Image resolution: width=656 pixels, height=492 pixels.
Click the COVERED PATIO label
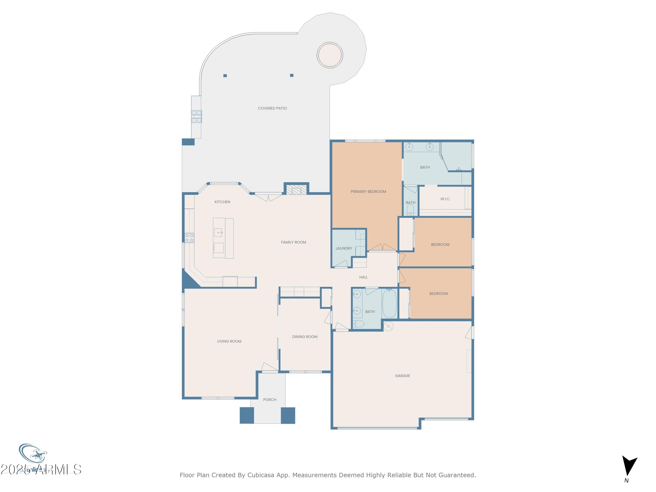click(272, 108)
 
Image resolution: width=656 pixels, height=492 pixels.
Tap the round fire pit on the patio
click(330, 55)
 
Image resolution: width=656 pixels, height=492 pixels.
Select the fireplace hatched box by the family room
click(296, 190)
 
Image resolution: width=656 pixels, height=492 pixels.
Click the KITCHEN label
click(222, 202)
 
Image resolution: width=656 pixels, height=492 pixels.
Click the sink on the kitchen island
click(218, 232)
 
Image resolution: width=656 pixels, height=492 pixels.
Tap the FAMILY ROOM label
click(293, 242)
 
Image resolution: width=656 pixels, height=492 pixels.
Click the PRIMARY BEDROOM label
click(368, 192)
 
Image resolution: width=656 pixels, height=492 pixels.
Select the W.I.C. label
click(445, 199)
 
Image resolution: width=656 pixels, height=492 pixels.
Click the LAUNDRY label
click(344, 248)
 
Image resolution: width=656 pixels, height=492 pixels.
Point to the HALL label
click(363, 277)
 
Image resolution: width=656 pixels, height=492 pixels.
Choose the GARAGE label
click(402, 376)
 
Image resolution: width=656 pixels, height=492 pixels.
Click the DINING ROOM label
click(305, 337)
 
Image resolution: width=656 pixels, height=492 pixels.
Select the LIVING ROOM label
click(229, 341)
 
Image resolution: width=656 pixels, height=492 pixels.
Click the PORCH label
click(270, 400)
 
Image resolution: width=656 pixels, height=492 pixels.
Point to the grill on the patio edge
click(196, 116)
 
